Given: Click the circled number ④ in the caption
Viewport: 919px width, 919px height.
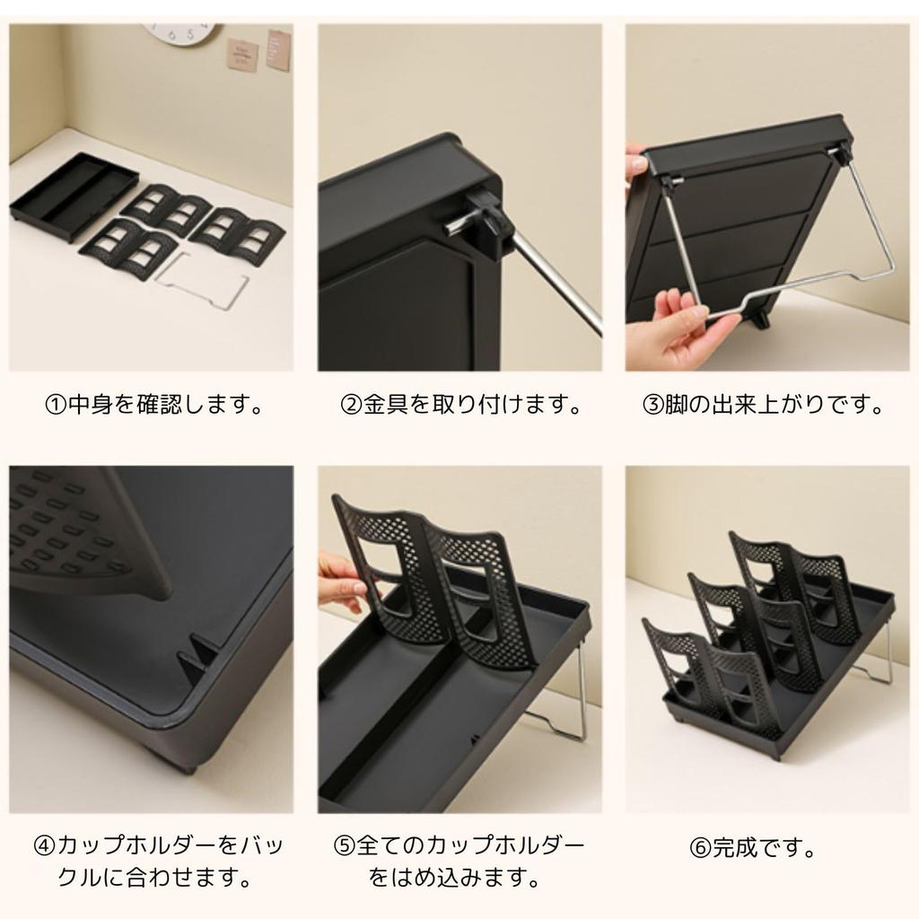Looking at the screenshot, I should click(44, 846).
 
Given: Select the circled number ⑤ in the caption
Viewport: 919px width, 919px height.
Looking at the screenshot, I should click(345, 846).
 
